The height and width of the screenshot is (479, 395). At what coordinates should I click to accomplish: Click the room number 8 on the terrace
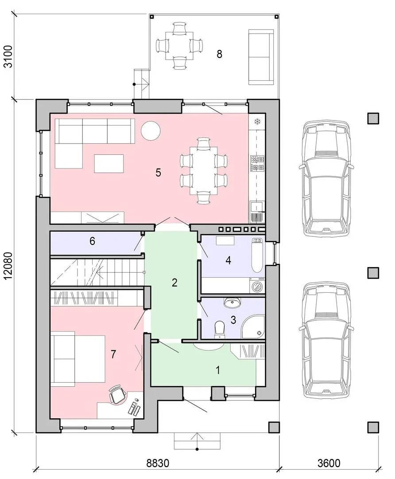(x=219, y=54)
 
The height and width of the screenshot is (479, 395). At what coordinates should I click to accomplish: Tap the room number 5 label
(x=158, y=173)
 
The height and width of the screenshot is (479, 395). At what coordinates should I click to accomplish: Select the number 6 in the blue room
(x=92, y=241)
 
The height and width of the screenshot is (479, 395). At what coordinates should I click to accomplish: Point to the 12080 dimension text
(x=8, y=265)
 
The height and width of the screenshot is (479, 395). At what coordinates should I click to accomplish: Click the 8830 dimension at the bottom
(x=158, y=463)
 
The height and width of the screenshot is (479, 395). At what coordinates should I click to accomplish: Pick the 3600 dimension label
(x=329, y=463)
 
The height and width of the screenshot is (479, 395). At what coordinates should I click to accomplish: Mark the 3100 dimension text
(x=8, y=56)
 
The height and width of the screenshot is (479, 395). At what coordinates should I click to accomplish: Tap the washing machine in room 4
(x=257, y=286)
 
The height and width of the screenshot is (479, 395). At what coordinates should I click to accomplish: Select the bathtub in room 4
(x=257, y=255)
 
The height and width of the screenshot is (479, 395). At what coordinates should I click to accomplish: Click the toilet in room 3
(x=219, y=329)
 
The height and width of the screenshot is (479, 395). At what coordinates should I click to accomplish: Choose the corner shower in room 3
(x=253, y=327)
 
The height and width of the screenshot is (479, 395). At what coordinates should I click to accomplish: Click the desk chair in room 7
(x=118, y=394)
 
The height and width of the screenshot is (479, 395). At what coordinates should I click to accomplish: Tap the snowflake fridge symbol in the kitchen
(x=257, y=122)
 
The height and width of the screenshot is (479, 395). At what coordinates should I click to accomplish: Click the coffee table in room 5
(x=109, y=164)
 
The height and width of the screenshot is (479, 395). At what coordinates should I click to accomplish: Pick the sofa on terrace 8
(x=261, y=57)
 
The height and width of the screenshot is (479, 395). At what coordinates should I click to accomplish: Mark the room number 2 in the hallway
(x=174, y=283)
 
